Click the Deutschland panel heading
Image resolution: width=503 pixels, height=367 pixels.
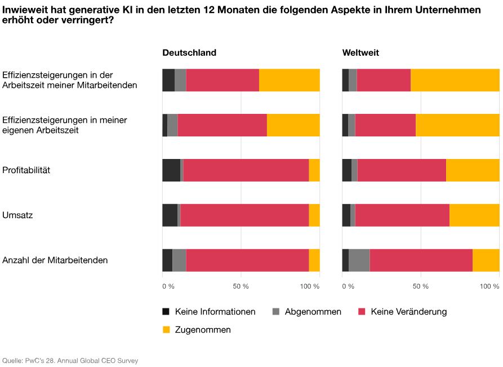click(x=189, y=52)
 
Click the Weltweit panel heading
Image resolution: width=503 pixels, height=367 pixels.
click(x=360, y=52)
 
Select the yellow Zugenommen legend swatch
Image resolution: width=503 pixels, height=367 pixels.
click(x=166, y=330)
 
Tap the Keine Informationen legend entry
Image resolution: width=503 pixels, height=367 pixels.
click(x=209, y=312)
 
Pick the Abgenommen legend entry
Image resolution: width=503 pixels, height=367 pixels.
click(x=307, y=312)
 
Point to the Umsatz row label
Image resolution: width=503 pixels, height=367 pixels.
click(x=17, y=215)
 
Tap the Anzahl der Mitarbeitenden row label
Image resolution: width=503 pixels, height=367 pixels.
click(x=55, y=260)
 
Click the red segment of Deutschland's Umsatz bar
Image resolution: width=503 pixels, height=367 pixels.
click(x=244, y=215)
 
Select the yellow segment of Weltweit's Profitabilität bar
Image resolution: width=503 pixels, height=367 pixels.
click(x=473, y=170)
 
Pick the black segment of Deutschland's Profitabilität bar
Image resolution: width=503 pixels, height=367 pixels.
click(x=171, y=170)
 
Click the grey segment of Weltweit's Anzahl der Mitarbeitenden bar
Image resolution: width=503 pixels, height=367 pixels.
click(x=359, y=260)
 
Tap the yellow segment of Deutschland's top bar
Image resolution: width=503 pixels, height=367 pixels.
click(x=289, y=80)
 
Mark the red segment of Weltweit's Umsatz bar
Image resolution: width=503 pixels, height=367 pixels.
click(x=402, y=215)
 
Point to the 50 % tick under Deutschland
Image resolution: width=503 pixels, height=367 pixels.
click(x=241, y=286)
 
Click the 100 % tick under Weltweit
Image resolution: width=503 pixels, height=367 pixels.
click(x=489, y=286)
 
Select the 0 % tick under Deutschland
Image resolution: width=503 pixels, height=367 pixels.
click(x=168, y=286)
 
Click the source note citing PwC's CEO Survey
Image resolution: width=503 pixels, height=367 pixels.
click(x=70, y=360)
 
